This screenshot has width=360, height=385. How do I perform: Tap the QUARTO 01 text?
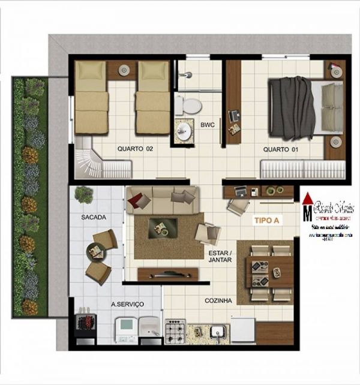283,150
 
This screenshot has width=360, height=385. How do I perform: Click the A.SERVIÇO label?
128,305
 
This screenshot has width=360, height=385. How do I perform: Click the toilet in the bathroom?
190,106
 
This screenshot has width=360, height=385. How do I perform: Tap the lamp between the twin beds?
124,70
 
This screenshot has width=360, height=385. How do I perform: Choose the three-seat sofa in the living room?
161,198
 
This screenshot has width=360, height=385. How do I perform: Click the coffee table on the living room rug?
163,227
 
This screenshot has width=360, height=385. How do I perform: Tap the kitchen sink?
217,330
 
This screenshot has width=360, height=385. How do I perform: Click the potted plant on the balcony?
84,194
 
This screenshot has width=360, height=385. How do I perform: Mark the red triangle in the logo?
308,199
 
